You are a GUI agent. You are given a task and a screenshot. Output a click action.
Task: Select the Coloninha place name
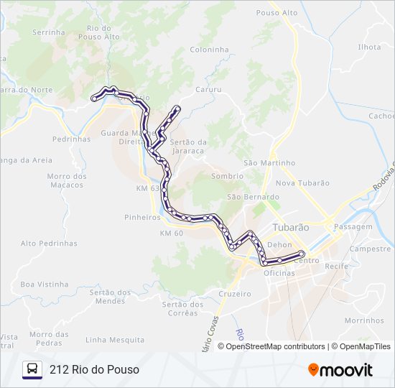(x=209, y=50)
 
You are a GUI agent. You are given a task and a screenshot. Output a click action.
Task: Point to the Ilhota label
(x=369, y=47)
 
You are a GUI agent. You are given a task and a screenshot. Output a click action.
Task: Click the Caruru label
(x=208, y=91)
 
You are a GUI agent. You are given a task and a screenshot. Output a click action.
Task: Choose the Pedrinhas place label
(x=72, y=139)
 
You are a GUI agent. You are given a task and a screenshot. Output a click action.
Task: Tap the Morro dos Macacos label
(x=67, y=181)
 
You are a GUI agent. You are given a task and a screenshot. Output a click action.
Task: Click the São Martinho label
(x=269, y=163)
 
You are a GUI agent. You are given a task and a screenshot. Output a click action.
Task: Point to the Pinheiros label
(x=142, y=216)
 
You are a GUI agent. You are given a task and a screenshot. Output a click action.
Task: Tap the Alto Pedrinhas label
(x=49, y=244)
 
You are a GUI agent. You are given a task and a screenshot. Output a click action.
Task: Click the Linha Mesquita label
(x=115, y=339)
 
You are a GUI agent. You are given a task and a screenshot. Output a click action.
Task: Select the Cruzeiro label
(x=235, y=295)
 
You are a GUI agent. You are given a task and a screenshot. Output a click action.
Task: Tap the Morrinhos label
(x=364, y=320)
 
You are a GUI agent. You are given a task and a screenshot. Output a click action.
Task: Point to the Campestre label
(x=368, y=249)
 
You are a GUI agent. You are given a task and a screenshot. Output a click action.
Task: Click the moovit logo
(x=340, y=370)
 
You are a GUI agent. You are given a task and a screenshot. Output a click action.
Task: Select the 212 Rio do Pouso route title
(x=94, y=369)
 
